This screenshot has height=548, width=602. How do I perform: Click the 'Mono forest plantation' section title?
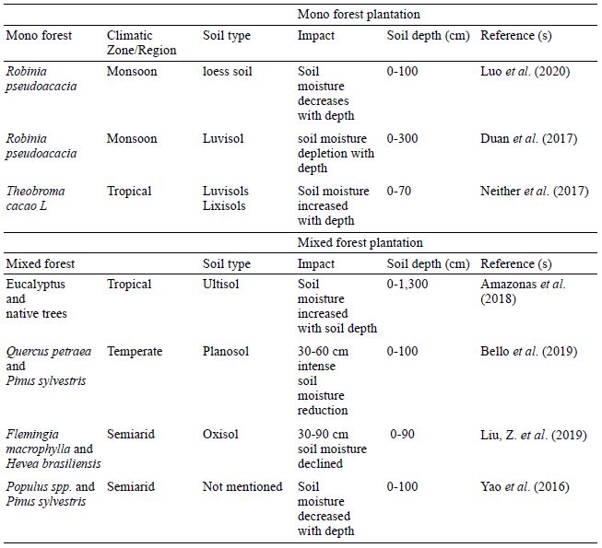pos(359,15)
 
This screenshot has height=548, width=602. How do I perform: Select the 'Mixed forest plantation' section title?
pos(360,243)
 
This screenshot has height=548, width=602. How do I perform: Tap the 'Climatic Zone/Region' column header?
pos(141,42)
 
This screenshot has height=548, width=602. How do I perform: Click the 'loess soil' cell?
pos(228,71)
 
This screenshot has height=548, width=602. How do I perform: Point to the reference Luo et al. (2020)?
pos(525,71)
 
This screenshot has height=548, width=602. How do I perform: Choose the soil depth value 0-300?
pos(402,138)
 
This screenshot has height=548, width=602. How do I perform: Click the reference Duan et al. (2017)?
pos(528,138)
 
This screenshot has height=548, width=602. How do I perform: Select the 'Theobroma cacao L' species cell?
pos(35,198)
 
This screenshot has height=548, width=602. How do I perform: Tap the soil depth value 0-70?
pos(398,191)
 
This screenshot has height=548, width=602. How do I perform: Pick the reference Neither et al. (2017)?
pos(535,191)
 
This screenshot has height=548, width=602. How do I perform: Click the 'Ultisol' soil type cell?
pos(220,285)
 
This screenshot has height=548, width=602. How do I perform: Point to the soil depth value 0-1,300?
pos(407,285)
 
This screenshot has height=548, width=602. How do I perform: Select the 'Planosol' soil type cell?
pos(226,351)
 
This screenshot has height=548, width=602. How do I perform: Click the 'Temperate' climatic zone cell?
pos(135,351)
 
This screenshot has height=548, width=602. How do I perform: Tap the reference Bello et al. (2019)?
pos(528,351)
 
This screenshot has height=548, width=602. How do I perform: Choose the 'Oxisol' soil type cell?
pos(220,434)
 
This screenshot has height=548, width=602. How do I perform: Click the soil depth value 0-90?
pos(402,434)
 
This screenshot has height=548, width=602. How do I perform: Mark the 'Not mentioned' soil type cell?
pos(242,486)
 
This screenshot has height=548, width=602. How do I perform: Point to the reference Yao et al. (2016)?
pos(525,486)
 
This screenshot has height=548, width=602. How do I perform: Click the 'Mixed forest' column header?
pos(41,263)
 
